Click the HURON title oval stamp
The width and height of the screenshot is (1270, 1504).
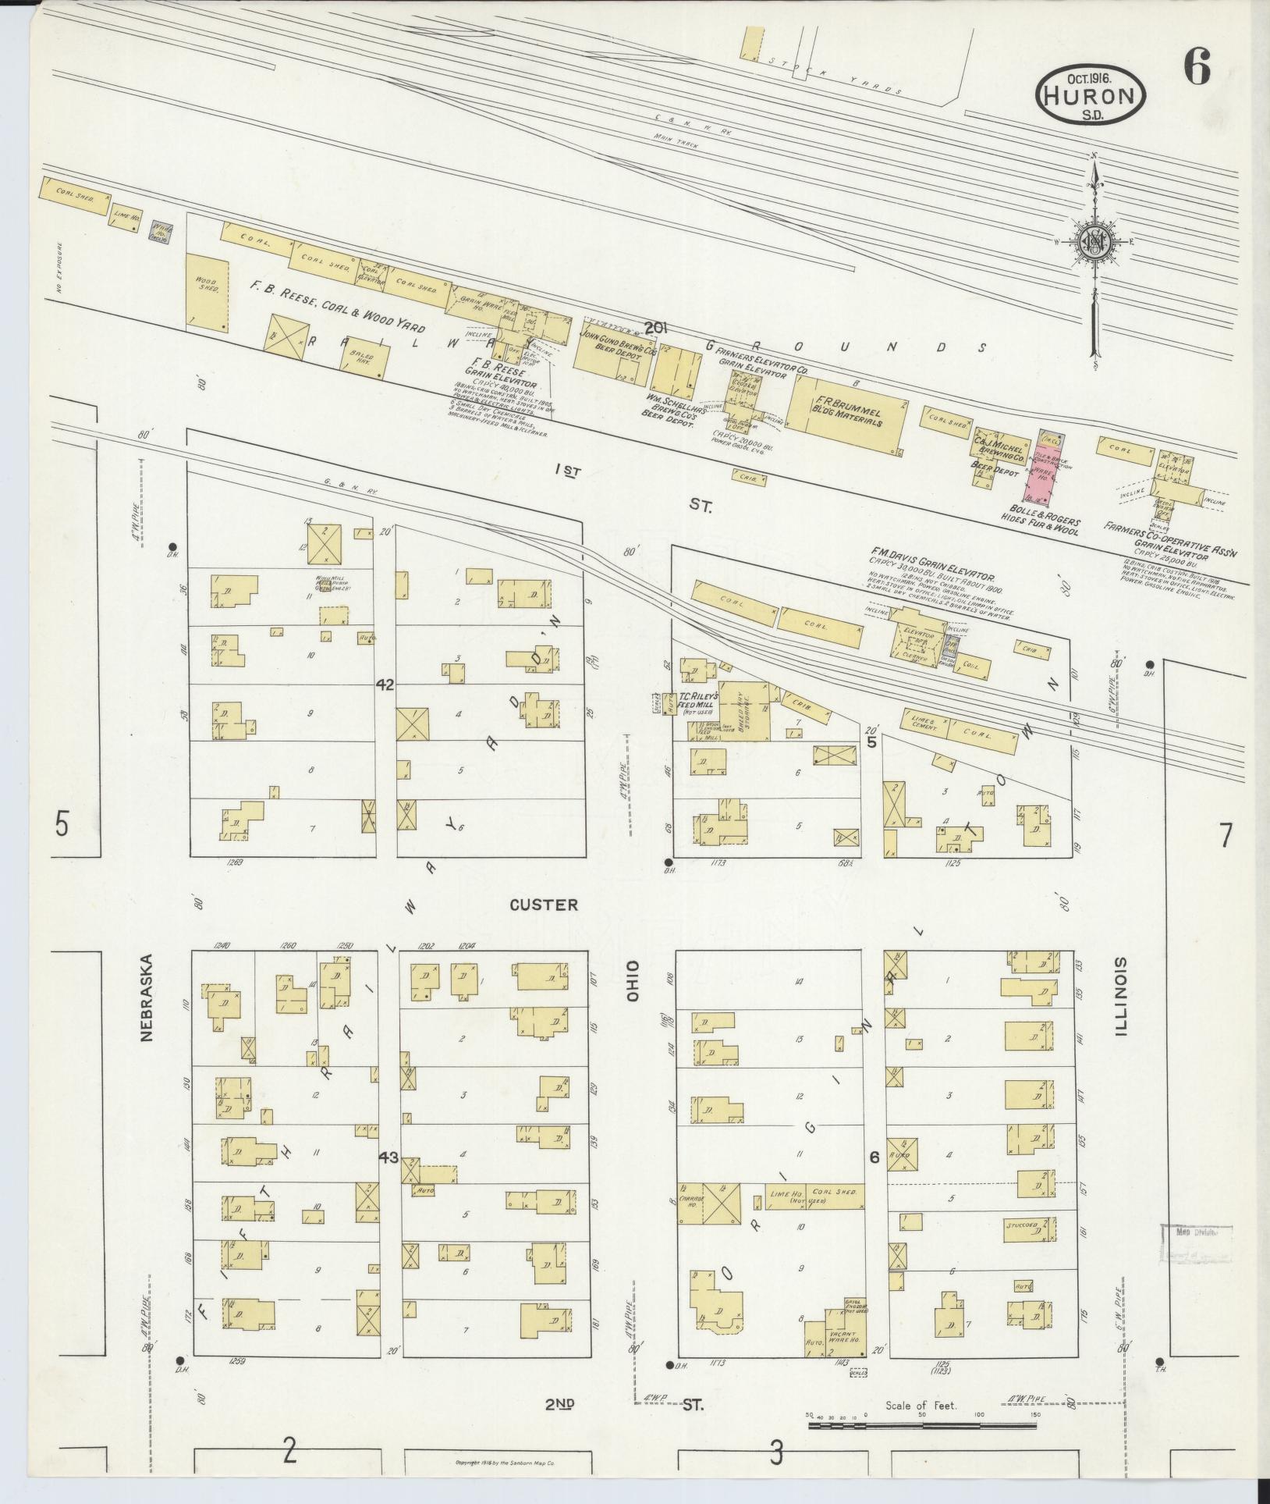1091,94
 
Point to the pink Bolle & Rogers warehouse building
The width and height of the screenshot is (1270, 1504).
1047,465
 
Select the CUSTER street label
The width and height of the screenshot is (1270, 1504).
544,905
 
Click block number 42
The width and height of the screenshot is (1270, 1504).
385,684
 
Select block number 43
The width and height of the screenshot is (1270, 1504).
388,1157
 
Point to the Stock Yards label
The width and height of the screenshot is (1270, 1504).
835,76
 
